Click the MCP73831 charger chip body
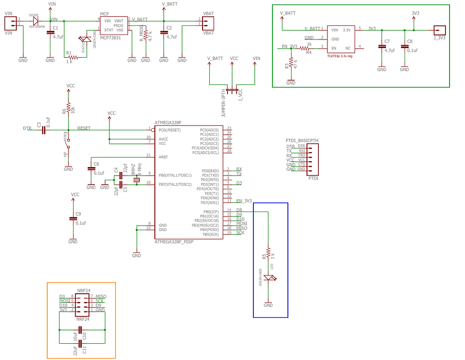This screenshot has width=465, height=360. (114, 25)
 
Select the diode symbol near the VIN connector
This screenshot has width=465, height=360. (35, 20)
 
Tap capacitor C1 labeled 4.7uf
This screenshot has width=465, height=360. (50, 35)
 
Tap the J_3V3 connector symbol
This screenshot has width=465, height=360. (440, 30)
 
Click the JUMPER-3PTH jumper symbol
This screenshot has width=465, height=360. (232, 91)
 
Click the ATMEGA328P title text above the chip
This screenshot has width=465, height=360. (168, 123)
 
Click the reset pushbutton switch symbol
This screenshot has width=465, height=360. (68, 143)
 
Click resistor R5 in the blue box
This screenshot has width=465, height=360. (268, 252)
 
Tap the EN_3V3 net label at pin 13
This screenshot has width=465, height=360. (243, 201)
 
